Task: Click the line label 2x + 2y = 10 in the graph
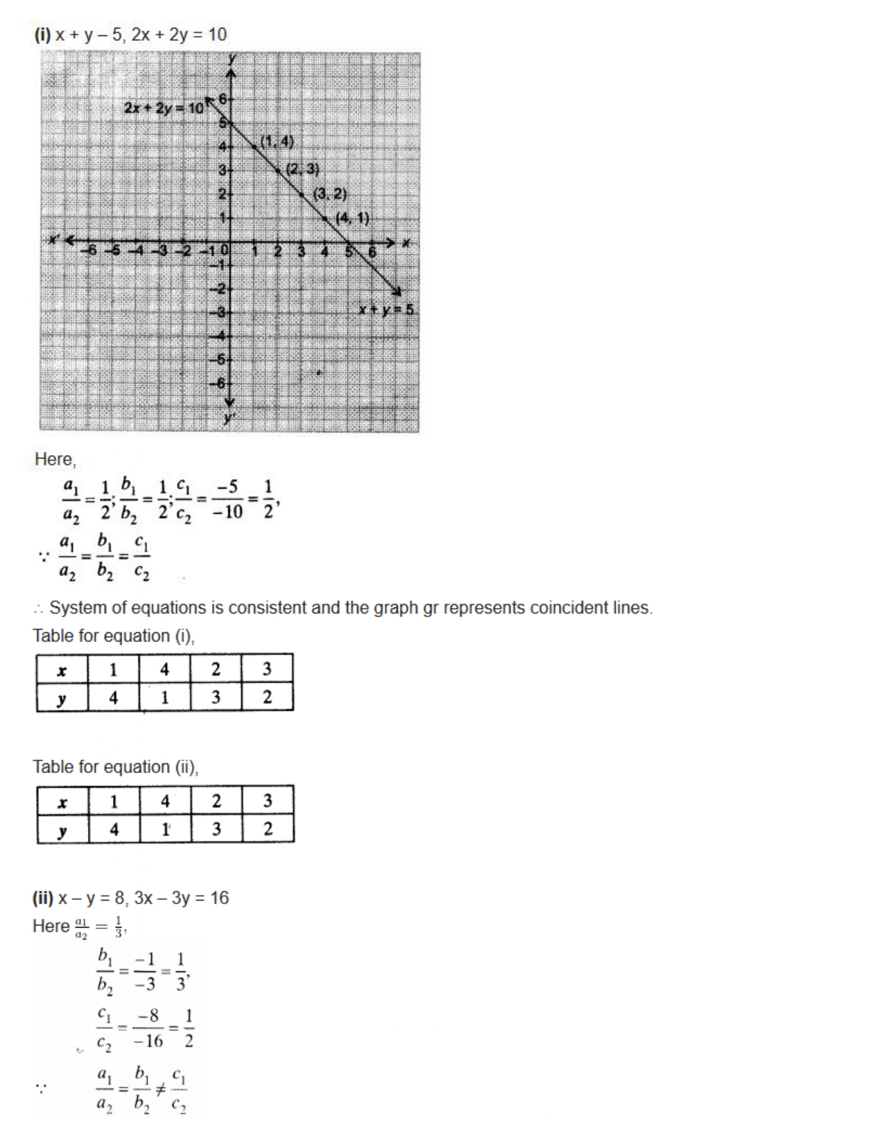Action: point(164,107)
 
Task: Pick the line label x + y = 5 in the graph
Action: point(385,309)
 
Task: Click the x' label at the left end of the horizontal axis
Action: point(55,240)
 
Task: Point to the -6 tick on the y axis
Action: point(219,383)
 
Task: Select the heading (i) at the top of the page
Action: point(42,35)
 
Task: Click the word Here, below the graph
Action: point(55,459)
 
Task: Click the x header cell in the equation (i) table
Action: point(62,670)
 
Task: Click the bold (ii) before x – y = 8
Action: point(43,898)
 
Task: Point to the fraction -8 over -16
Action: point(148,1028)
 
